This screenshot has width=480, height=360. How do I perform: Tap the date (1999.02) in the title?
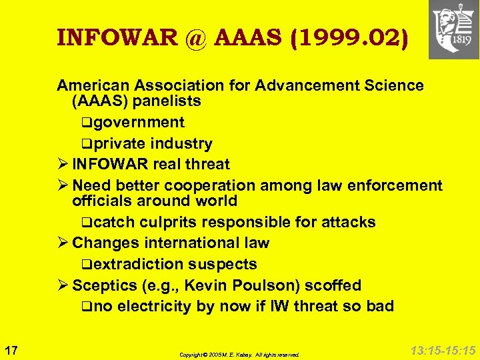pyautogui.click(x=348, y=38)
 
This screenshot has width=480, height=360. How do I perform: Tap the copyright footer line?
pyautogui.click(x=239, y=355)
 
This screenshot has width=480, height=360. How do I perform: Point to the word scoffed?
pyautogui.click(x=333, y=286)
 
